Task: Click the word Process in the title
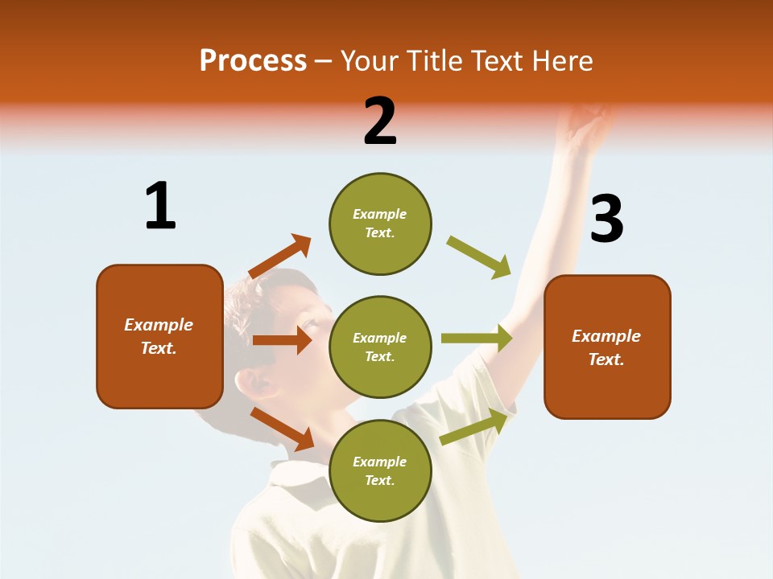(253, 61)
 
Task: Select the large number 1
(160, 207)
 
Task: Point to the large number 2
(380, 121)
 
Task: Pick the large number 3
(606, 219)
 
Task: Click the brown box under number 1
(159, 336)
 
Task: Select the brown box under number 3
(607, 347)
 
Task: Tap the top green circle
(380, 224)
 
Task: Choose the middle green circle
(380, 347)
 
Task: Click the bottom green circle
(380, 471)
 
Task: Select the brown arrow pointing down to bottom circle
(282, 429)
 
